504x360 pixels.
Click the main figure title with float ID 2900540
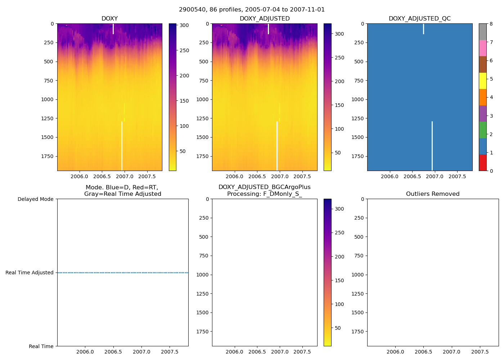252,10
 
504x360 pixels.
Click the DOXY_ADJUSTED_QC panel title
419,19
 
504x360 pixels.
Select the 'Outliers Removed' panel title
433,194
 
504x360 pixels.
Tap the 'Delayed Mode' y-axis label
35,199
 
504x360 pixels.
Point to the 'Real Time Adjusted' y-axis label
29,273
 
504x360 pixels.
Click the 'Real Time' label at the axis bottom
41,346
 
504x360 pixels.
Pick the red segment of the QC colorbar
482,163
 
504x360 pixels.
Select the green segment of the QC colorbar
482,130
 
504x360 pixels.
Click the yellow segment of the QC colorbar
482,81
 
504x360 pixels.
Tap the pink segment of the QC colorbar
482,48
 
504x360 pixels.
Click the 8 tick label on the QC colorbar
491,24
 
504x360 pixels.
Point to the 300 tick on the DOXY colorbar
184,25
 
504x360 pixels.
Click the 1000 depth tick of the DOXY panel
47,99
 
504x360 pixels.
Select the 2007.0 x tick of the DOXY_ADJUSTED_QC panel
435,176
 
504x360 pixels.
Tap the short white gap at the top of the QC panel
423,29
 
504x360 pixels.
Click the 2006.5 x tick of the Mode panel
113,352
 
